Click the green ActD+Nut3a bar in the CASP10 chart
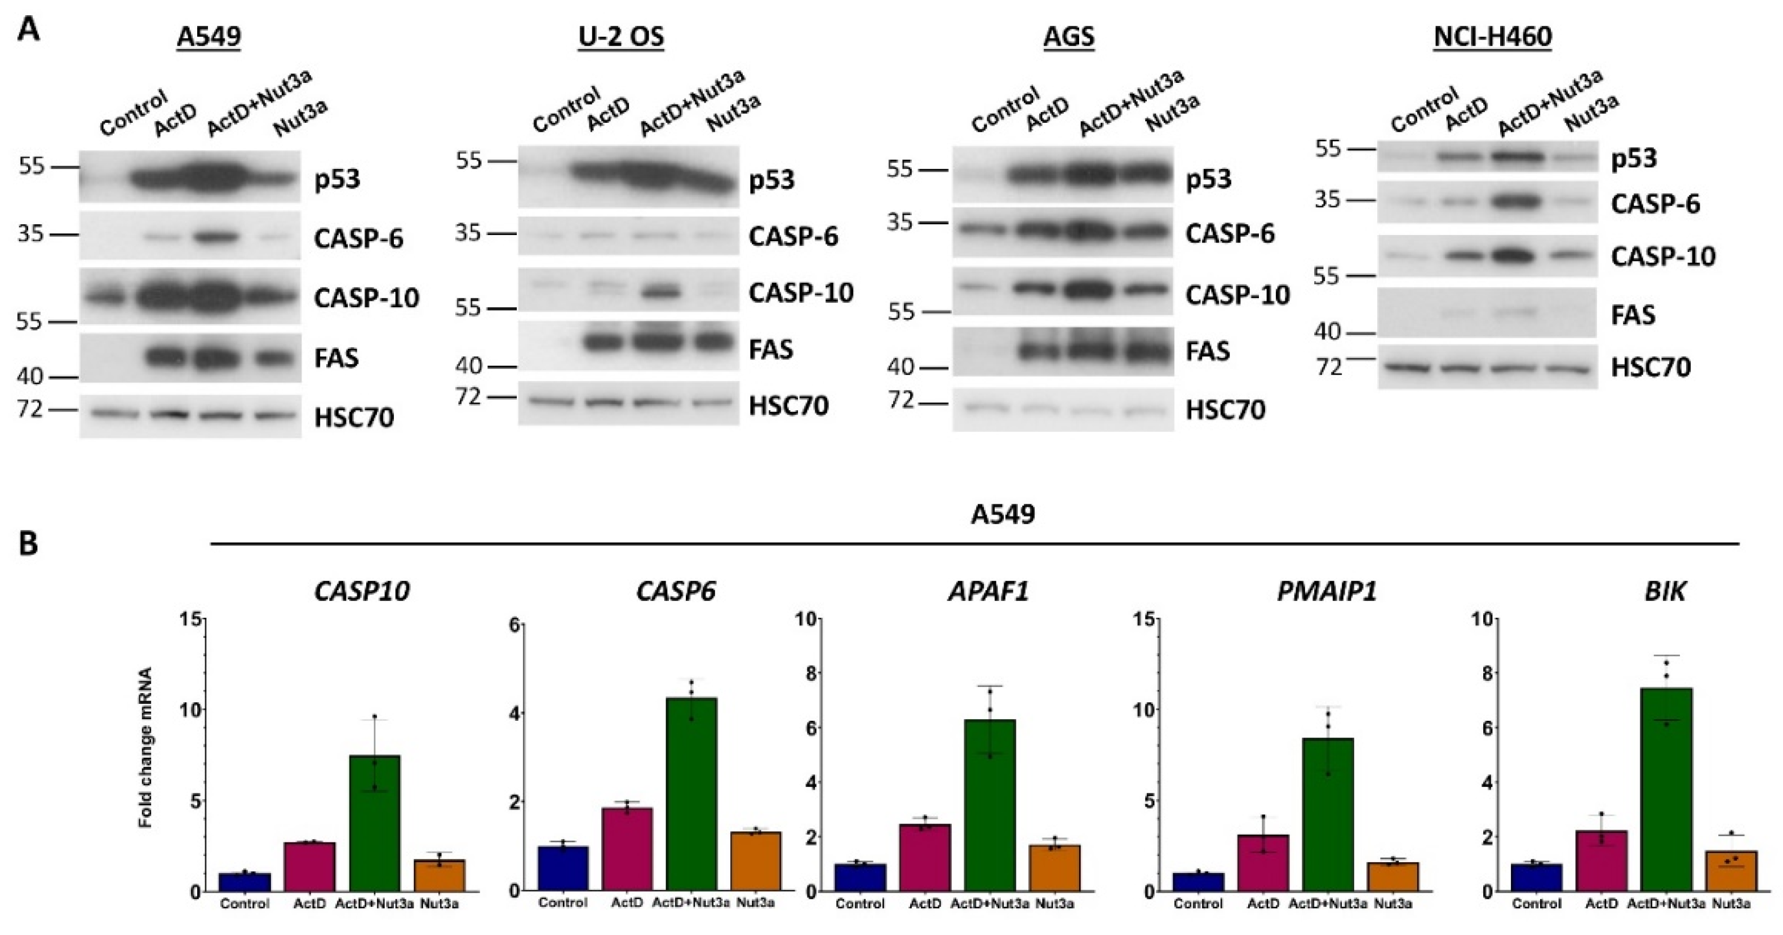[374, 823]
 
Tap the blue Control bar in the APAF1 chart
[860, 877]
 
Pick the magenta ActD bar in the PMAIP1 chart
[1263, 862]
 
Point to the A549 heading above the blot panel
[209, 36]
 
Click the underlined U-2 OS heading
[621, 36]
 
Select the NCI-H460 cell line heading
[1492, 36]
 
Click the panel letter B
[28, 544]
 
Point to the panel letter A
[28, 30]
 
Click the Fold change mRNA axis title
[145, 747]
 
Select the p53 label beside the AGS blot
[1209, 179]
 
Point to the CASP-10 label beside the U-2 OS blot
[800, 294]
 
